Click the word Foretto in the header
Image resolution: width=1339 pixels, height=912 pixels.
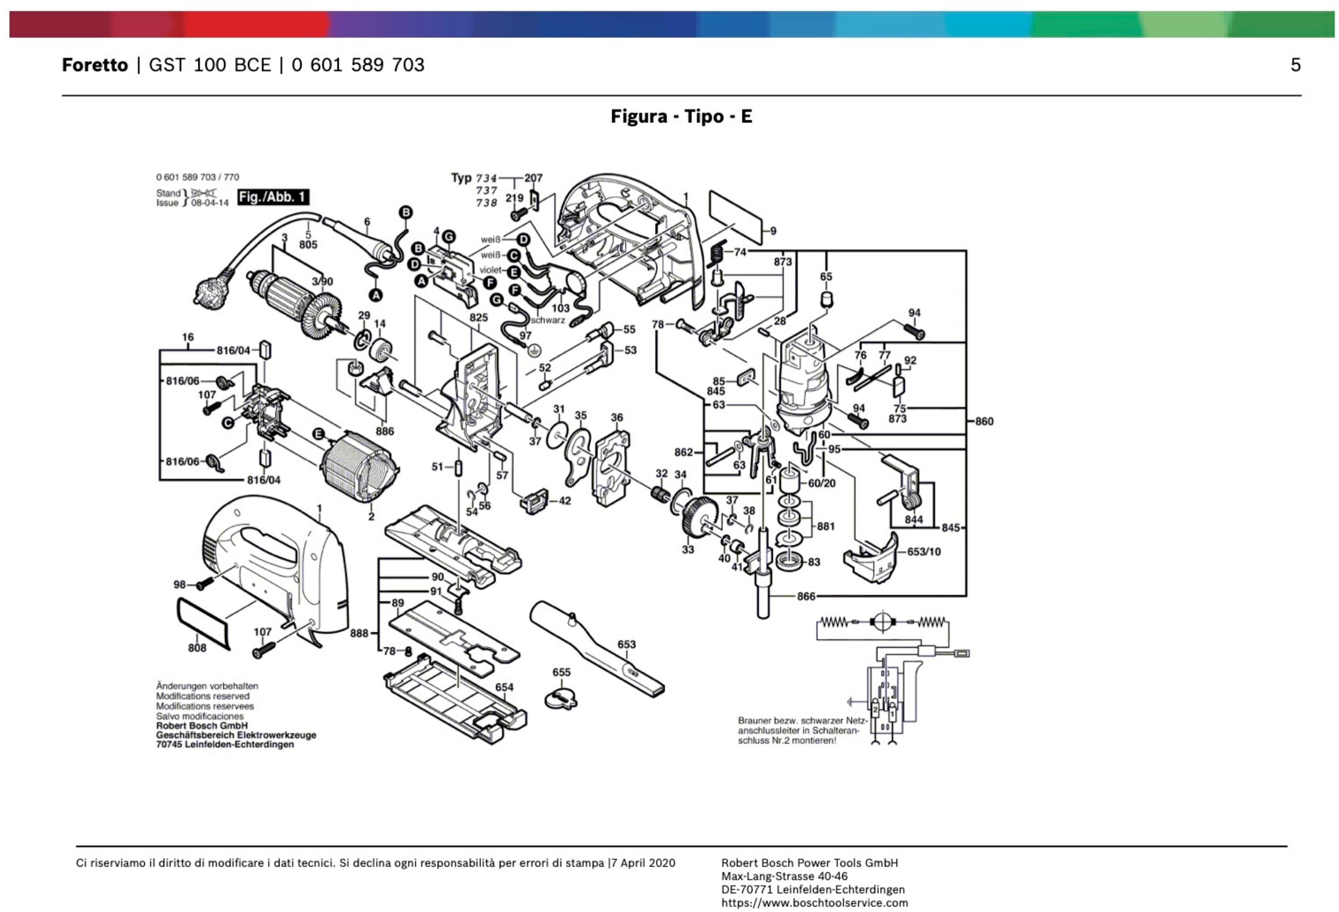tap(94, 65)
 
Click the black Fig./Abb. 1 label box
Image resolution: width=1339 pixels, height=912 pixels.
tap(273, 197)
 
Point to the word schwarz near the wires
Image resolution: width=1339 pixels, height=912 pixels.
tap(547, 320)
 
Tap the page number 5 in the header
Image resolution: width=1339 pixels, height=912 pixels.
tap(1295, 65)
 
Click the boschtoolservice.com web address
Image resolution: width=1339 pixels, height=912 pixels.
tap(814, 903)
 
